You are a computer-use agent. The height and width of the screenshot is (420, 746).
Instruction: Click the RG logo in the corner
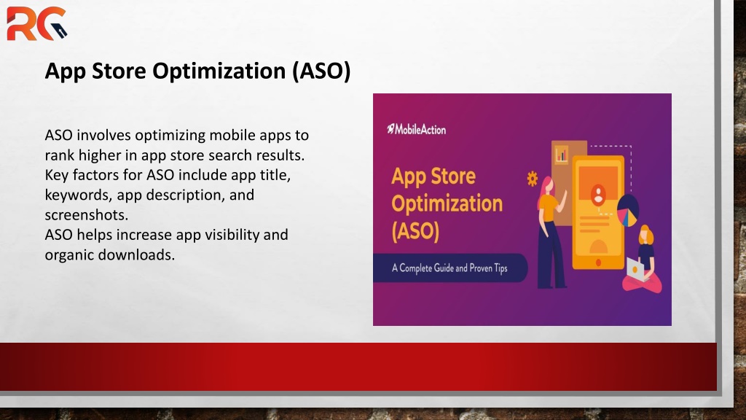[x=36, y=23]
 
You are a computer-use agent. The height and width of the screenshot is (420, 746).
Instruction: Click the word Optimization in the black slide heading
[x=219, y=71]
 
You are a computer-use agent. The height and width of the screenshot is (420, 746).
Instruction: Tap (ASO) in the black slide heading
[x=321, y=71]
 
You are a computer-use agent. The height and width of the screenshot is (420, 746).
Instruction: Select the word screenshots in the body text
[x=87, y=215]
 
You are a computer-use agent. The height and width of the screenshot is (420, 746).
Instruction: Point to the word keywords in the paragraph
[x=79, y=195]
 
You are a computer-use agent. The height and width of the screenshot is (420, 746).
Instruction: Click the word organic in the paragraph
[x=69, y=255]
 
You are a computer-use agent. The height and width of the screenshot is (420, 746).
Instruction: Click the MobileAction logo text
[x=416, y=129]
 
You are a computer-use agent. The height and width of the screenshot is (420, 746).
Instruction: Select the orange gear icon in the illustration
[x=533, y=179]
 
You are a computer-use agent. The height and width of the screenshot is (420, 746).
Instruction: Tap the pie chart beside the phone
[x=627, y=211]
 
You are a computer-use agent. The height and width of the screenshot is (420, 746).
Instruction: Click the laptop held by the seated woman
[x=635, y=270]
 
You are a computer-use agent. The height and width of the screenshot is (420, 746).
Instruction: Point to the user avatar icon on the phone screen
[x=598, y=194]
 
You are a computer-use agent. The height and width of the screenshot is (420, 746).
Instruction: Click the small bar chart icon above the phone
[x=562, y=155]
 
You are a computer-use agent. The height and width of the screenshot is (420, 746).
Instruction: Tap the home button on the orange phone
[x=599, y=262]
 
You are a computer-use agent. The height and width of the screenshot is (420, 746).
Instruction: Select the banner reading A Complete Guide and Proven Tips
[x=449, y=268]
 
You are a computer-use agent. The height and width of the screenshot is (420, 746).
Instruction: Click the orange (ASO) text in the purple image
[x=415, y=231]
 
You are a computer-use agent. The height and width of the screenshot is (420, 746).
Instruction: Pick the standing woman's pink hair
[x=545, y=190]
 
